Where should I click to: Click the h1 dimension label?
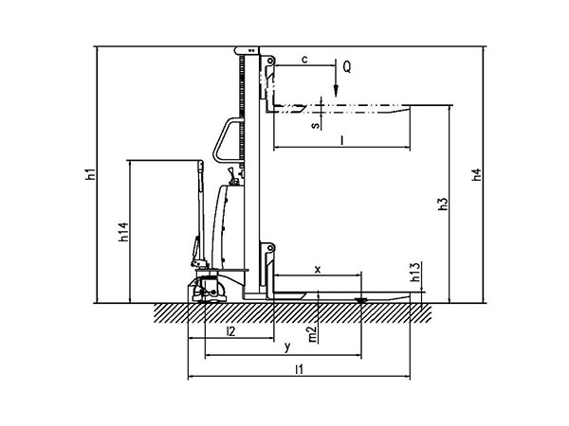pos(91,174)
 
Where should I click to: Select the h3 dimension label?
pos(443,204)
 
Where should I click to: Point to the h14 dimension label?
pos(123,232)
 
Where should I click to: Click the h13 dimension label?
pos(415,272)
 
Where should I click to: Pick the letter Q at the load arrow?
pos(347,67)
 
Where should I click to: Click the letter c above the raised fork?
pos(304,59)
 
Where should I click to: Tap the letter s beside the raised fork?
pos(316,125)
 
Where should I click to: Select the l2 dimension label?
pos(230,330)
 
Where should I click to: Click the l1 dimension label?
pos(299,369)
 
